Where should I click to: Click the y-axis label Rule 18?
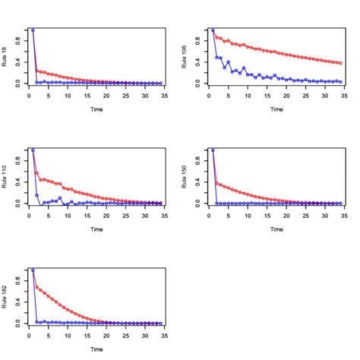click(x=5, y=57)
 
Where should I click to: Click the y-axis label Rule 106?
click(x=185, y=57)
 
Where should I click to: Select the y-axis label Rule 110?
click(x=5, y=177)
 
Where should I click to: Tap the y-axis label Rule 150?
click(x=185, y=177)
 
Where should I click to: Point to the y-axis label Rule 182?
click(x=5, y=297)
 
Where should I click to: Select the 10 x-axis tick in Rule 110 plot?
click(x=68, y=215)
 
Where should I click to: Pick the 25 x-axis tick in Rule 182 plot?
click(x=127, y=335)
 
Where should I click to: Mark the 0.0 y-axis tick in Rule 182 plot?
click(x=17, y=323)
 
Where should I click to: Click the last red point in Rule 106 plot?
click(x=341, y=63)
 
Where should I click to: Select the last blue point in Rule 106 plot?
click(x=341, y=81)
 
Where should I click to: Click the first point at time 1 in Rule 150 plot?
click(x=212, y=150)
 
